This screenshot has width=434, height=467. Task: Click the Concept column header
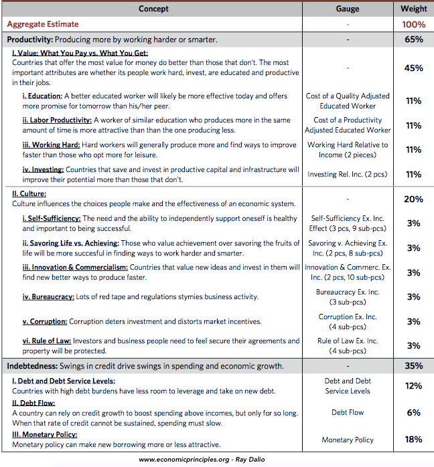click(153, 9)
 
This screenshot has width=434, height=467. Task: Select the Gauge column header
click(348, 9)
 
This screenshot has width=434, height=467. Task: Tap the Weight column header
click(413, 9)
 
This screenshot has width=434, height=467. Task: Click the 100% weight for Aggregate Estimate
click(413, 25)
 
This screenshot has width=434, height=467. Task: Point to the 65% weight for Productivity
click(413, 39)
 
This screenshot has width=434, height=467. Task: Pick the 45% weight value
click(413, 68)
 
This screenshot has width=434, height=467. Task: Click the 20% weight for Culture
click(413, 199)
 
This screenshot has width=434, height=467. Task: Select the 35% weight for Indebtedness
click(413, 366)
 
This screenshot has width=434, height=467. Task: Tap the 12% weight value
click(413, 386)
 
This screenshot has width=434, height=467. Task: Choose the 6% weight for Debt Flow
click(413, 413)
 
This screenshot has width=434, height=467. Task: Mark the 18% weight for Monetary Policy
click(413, 440)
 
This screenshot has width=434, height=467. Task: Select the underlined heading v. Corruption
click(45, 322)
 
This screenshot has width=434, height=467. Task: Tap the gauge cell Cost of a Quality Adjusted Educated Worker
click(348, 101)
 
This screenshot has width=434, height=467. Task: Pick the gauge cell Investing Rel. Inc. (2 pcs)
click(348, 174)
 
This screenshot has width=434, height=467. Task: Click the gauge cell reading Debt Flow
click(348, 413)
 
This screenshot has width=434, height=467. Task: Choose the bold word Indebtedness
click(32, 367)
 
